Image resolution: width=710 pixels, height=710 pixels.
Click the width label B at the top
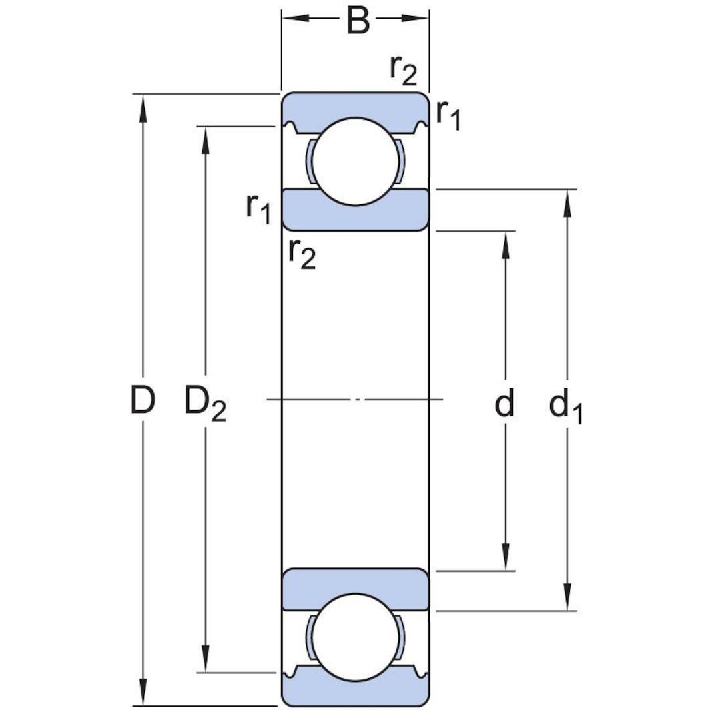[x=358, y=21]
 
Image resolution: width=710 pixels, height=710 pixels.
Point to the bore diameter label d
[x=504, y=403]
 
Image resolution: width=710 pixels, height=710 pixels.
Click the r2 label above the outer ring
[x=403, y=70]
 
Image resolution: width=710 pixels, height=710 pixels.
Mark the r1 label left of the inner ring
[x=258, y=208]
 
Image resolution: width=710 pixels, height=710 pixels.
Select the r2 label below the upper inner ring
[x=302, y=254]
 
